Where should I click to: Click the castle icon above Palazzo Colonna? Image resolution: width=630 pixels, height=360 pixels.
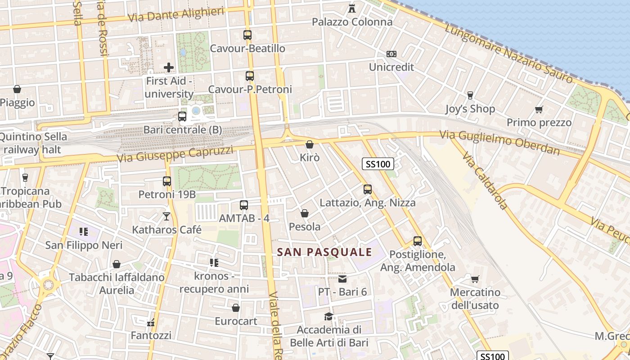pyautogui.click(x=352, y=8)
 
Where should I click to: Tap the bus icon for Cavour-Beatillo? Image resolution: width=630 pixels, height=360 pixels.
pyautogui.click(x=247, y=35)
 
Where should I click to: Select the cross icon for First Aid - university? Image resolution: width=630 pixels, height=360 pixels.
pyautogui.click(x=169, y=67)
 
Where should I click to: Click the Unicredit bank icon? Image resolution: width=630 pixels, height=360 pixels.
pyautogui.click(x=391, y=54)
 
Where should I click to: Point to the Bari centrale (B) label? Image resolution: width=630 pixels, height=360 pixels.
pyautogui.click(x=182, y=130)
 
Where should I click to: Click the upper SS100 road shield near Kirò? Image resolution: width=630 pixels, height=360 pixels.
pyautogui.click(x=378, y=164)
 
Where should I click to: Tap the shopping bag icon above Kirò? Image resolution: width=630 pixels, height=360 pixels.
pyautogui.click(x=310, y=144)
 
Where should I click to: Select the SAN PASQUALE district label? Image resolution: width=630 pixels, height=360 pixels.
pyautogui.click(x=324, y=252)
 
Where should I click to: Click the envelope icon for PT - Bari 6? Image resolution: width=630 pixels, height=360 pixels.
pyautogui.click(x=342, y=279)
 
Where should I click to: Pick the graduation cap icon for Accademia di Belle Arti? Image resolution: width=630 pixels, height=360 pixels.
pyautogui.click(x=329, y=316)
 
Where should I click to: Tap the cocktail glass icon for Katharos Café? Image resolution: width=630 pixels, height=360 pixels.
pyautogui.click(x=166, y=216)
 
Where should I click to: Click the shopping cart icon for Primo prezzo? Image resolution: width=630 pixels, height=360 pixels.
pyautogui.click(x=539, y=109)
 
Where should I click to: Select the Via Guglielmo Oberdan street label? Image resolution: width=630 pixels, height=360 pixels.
pyautogui.click(x=499, y=142)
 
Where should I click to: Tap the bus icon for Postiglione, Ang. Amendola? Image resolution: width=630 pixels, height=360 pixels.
pyautogui.click(x=418, y=241)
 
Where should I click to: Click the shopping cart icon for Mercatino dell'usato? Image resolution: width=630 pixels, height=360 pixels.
pyautogui.click(x=475, y=279)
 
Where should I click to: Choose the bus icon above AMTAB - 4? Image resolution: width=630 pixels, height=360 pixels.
pyautogui.click(x=244, y=205)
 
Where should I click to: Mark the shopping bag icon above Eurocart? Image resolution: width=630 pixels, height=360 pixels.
pyautogui.click(x=235, y=308)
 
